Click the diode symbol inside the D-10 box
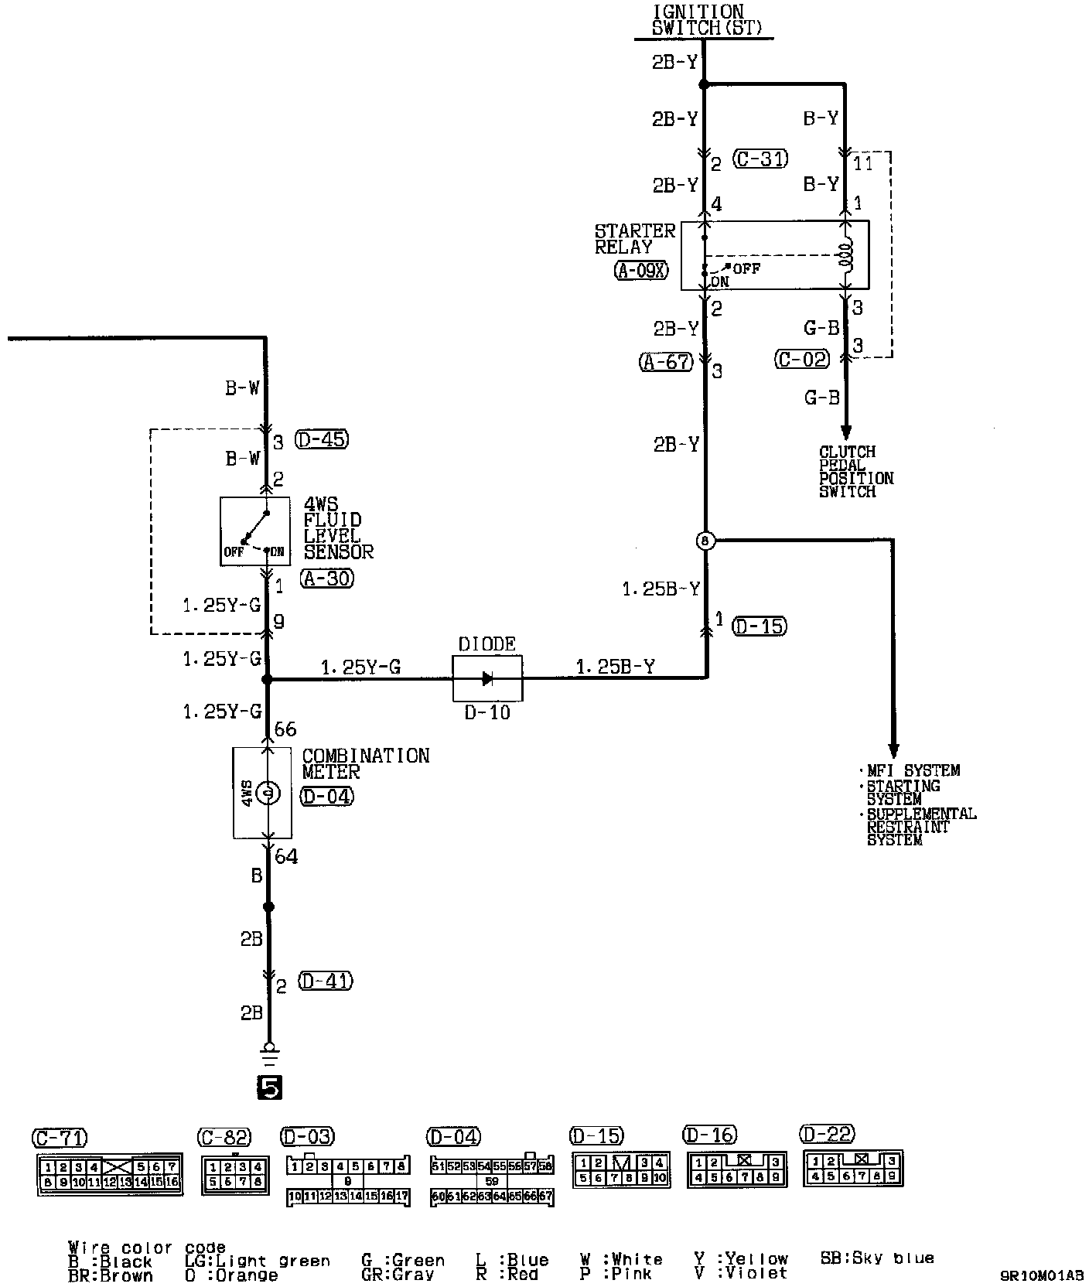click(x=487, y=678)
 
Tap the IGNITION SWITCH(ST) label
click(x=698, y=21)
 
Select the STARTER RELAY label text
click(x=634, y=238)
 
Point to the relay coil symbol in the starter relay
click(x=846, y=254)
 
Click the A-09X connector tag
click(x=641, y=271)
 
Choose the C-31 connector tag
click(x=760, y=159)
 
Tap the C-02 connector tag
click(x=802, y=359)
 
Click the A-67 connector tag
click(x=665, y=361)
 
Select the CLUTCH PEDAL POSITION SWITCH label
click(x=856, y=471)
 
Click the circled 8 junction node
click(x=705, y=541)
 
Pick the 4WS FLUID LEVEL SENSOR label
click(x=338, y=528)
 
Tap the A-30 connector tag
click(x=328, y=578)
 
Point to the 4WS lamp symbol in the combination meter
click(x=267, y=793)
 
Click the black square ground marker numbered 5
click(x=269, y=1088)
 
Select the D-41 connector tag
click(x=325, y=981)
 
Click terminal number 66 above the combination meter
click(x=285, y=729)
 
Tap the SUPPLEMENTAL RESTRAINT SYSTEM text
click(x=920, y=827)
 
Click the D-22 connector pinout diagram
click(x=852, y=1169)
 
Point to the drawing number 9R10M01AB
click(x=1040, y=1275)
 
